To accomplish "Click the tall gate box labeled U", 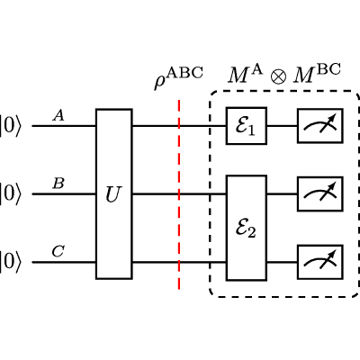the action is coord(114,194).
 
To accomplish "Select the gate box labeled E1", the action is coord(247,126).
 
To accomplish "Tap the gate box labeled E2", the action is coord(247,228).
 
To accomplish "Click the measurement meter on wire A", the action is coord(320,126).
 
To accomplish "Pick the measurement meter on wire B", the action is coord(320,194).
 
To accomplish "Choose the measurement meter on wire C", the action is coord(320,262).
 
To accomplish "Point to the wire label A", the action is coord(58,115).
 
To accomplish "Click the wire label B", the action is coord(58,184).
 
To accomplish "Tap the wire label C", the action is coord(58,252).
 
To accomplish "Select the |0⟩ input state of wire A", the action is coord(11,126).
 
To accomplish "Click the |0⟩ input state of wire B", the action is coord(11,194).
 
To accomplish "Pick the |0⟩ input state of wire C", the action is coord(11,263).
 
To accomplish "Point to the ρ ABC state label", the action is coord(178,78).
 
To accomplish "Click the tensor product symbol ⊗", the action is coord(278,76).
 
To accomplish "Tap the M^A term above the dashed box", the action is coord(246,74).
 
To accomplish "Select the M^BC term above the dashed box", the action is coord(317,74).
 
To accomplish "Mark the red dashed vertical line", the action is coord(179,194).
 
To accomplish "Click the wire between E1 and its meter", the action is coord(283,126).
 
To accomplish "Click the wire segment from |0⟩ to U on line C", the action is coord(64,262).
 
